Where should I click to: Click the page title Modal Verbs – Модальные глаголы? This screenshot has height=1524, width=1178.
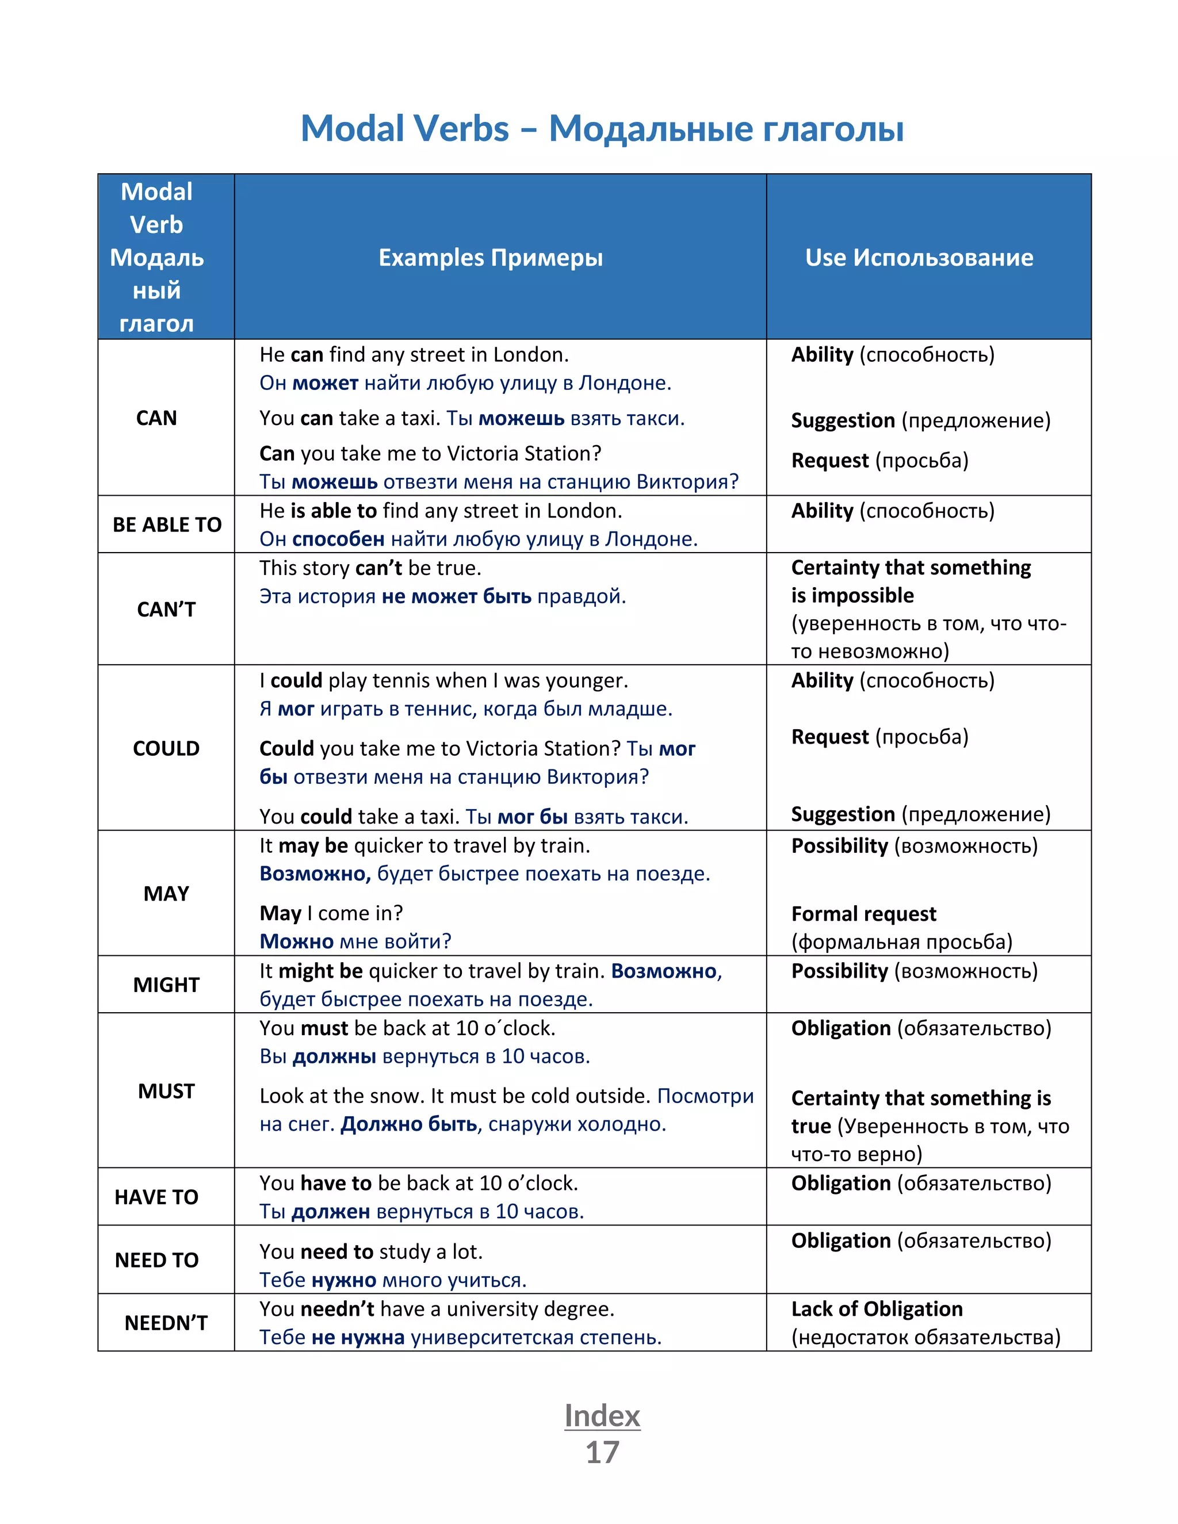click(x=602, y=128)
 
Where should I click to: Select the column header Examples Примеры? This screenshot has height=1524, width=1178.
click(x=490, y=258)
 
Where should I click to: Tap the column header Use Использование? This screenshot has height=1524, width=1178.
click(x=919, y=258)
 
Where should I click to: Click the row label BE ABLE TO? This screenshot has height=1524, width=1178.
click(x=167, y=524)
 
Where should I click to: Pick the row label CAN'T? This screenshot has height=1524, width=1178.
click(x=166, y=609)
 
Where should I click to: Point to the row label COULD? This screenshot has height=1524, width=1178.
click(x=166, y=748)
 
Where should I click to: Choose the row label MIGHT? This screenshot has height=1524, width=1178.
click(x=166, y=985)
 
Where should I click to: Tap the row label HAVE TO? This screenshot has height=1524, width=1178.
click(x=156, y=1197)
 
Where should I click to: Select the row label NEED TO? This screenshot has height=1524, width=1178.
click(x=156, y=1259)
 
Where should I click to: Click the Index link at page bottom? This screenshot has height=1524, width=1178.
click(x=602, y=1415)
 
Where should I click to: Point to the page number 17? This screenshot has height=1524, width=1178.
click(x=602, y=1452)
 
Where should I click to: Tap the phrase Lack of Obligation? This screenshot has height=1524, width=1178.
click(x=877, y=1308)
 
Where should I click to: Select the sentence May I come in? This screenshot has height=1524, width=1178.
click(x=331, y=913)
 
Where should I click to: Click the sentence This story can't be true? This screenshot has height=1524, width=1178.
click(x=370, y=568)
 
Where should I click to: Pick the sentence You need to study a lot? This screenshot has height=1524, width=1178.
click(x=370, y=1251)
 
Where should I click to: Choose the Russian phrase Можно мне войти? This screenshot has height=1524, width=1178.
click(x=355, y=941)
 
